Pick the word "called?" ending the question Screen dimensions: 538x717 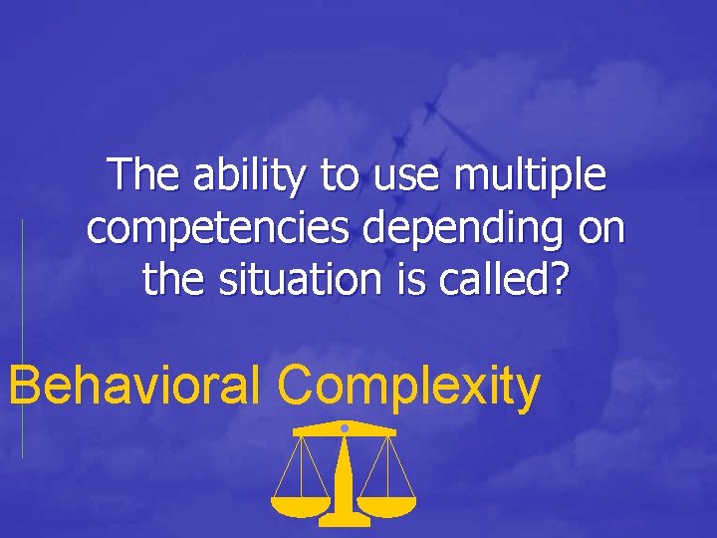(x=507, y=280)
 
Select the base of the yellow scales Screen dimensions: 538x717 (x=344, y=520)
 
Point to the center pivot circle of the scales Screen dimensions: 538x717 (x=344, y=427)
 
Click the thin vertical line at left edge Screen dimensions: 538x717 (x=22, y=339)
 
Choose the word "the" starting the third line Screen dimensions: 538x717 (x=169, y=280)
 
